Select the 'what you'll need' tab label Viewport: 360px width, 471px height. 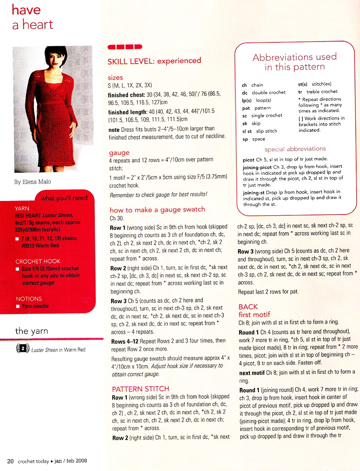pos(64,198)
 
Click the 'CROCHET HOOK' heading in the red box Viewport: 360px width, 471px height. pos(38,261)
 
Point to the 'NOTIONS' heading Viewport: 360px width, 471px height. pos(29,298)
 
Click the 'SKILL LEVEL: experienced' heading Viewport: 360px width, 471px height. pos(154,61)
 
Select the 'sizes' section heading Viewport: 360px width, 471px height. pos(115,78)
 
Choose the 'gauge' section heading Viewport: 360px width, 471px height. pos(119,153)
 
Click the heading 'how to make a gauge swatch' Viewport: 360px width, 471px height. pos(157,209)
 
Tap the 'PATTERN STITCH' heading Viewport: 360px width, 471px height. pos(140,389)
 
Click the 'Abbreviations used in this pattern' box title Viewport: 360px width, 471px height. pos(294,62)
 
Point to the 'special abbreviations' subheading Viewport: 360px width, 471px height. pos(295,149)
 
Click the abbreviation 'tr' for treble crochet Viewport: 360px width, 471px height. pos(300,92)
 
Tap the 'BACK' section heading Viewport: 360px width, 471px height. pos(248,307)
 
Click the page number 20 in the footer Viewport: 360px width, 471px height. pos(10,461)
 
